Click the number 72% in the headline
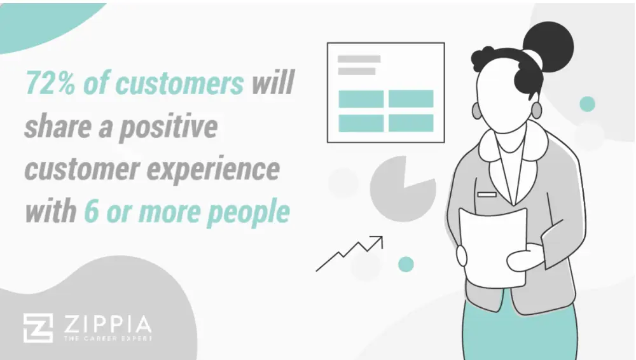click(50, 83)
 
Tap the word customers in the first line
click(180, 83)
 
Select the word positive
click(169, 127)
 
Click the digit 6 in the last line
click(92, 211)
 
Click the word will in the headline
click(273, 83)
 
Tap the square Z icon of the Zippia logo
click(38, 328)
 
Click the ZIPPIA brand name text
click(108, 324)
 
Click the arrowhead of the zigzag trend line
click(378, 240)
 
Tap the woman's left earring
click(537, 110)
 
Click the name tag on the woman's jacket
click(487, 195)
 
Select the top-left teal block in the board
click(361, 99)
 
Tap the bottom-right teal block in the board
click(411, 123)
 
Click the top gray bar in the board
click(359, 59)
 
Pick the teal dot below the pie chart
click(406, 264)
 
